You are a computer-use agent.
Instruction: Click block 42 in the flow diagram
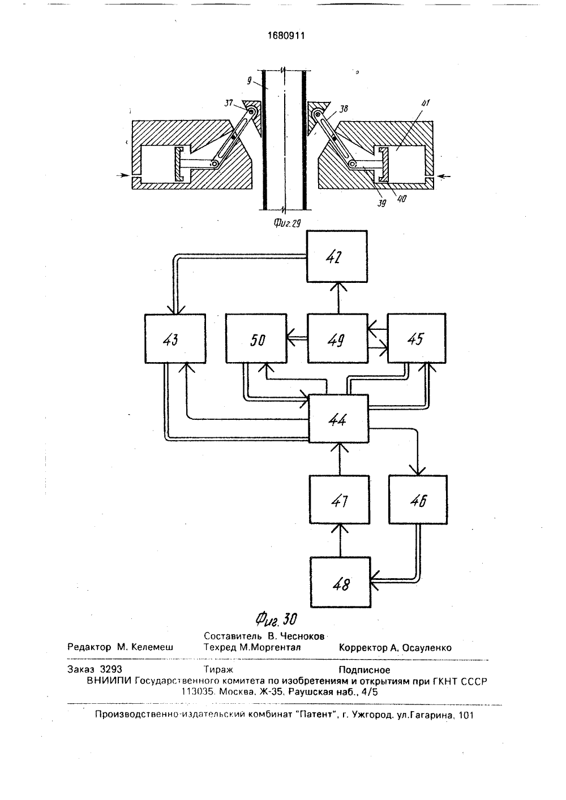(337, 256)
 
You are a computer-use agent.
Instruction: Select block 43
(175, 338)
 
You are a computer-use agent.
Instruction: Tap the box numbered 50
(256, 338)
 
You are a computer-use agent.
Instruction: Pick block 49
(338, 338)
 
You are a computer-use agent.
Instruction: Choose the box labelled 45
(417, 338)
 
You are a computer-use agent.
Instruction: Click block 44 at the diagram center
(338, 419)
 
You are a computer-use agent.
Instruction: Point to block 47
(340, 500)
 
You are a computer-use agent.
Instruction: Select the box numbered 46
(418, 500)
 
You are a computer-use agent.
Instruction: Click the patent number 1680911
(286, 35)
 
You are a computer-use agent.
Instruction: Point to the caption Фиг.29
(288, 223)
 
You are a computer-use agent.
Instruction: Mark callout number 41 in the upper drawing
(425, 103)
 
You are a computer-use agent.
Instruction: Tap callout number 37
(229, 103)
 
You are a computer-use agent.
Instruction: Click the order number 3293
(111, 669)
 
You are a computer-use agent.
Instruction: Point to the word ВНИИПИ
(109, 681)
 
